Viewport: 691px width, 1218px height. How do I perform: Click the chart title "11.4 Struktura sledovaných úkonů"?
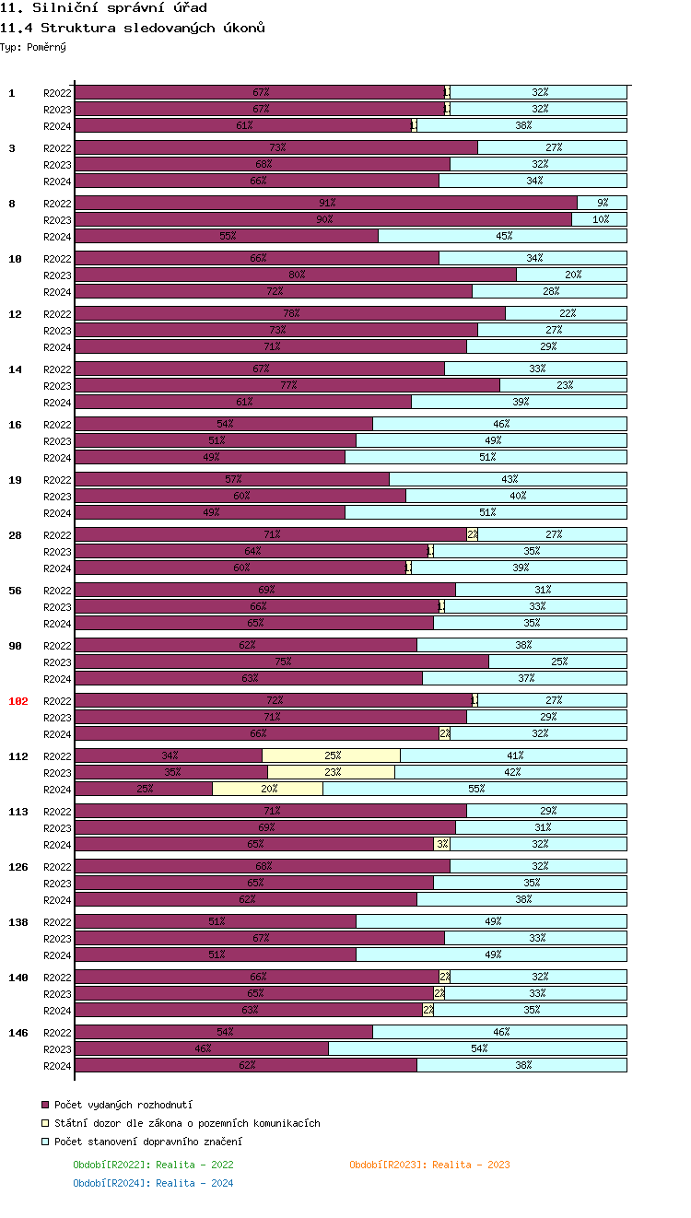point(133,28)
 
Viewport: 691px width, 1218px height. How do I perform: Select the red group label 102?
point(18,701)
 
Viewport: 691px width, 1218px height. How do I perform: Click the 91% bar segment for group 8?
point(326,203)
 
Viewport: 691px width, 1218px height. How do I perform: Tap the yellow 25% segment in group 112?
point(332,755)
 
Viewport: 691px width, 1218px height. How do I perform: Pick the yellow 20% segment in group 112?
point(268,789)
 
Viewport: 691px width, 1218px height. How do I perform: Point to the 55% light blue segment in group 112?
point(475,789)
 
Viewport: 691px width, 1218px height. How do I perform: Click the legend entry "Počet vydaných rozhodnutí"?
point(123,1105)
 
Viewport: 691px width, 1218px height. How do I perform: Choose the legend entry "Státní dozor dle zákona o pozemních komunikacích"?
point(187,1123)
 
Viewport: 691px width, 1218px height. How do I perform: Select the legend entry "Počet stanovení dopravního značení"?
point(147,1142)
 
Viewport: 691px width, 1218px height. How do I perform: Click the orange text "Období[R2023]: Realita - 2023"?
point(429,1165)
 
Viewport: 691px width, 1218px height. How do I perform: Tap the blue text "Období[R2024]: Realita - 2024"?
point(153,1183)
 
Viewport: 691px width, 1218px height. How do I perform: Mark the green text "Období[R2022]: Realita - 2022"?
point(153,1165)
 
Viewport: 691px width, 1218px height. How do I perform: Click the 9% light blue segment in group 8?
point(603,203)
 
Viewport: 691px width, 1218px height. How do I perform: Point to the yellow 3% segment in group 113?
point(442,844)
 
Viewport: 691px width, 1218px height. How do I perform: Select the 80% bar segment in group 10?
point(296,275)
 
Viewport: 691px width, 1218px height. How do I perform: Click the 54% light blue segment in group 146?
point(478,1048)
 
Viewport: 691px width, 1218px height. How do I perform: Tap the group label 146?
point(18,1033)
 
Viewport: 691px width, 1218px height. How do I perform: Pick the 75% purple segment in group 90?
point(282,662)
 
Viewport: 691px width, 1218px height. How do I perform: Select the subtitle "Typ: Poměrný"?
point(33,46)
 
